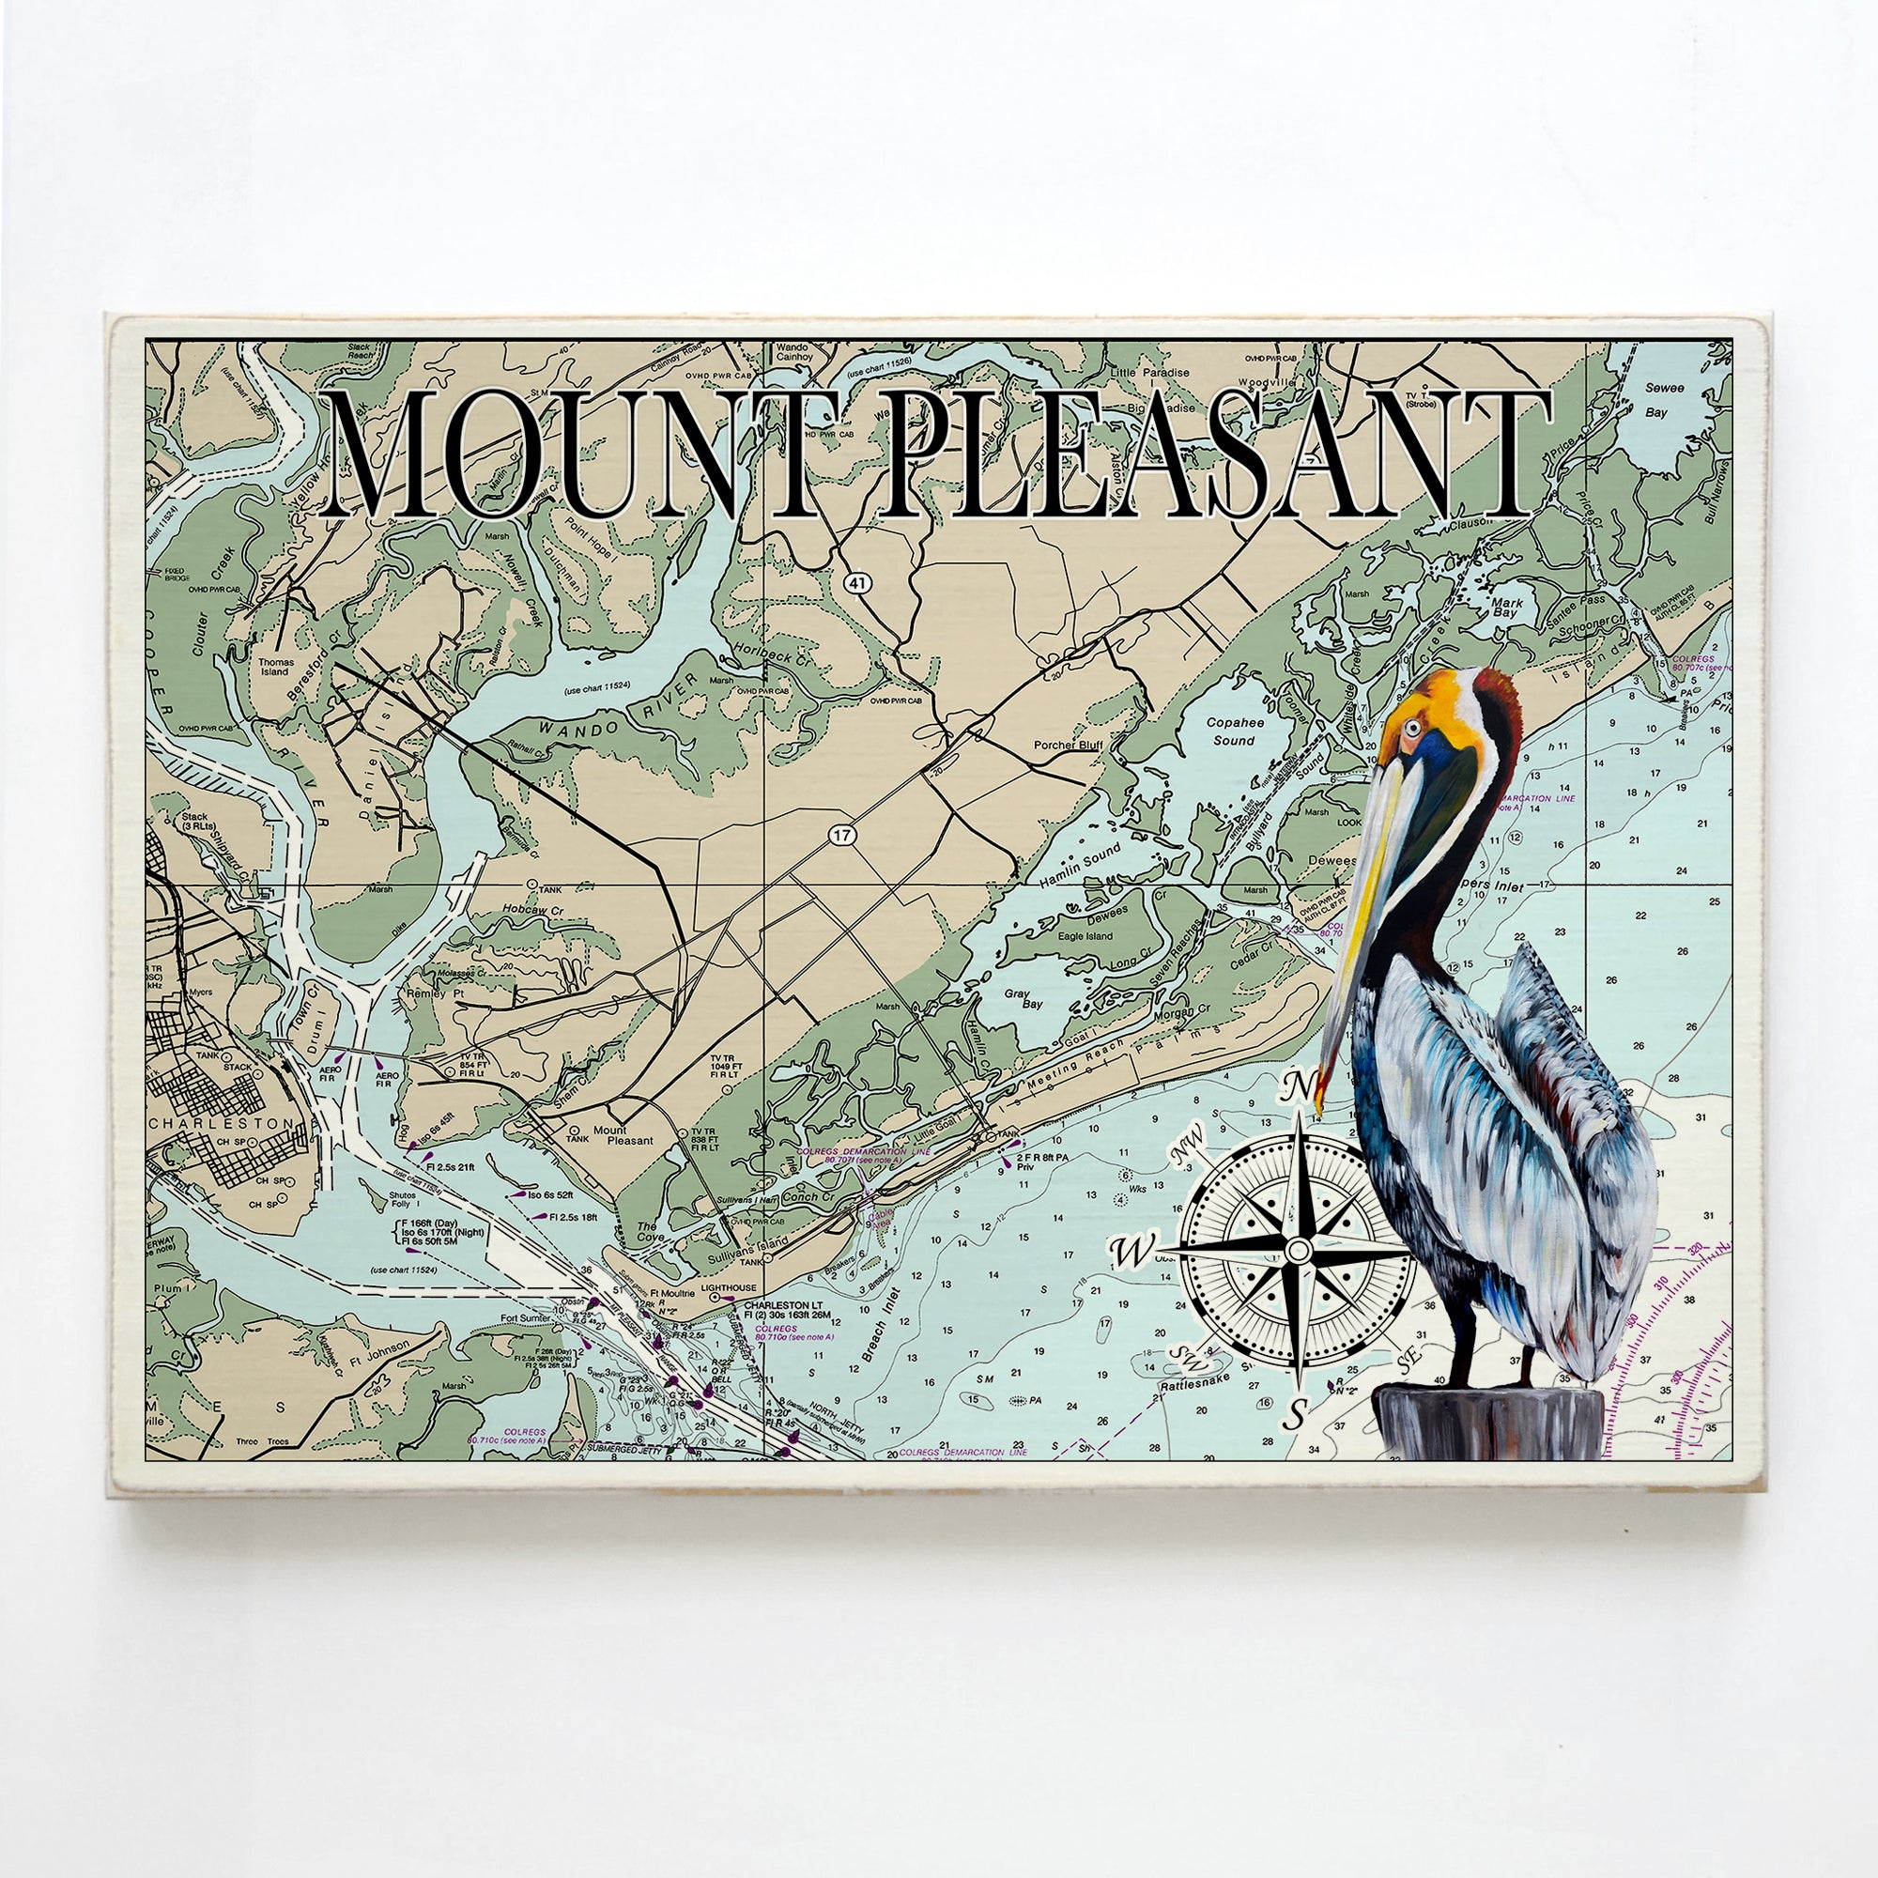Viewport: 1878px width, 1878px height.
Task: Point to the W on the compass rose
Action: pyautogui.click(x=1131, y=1252)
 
